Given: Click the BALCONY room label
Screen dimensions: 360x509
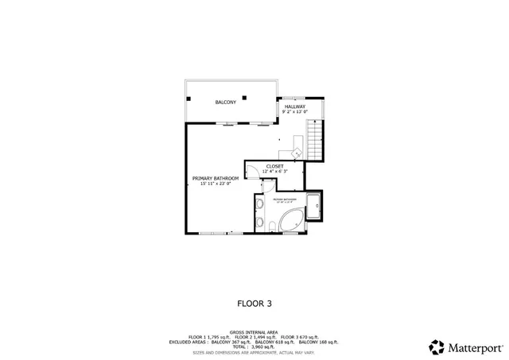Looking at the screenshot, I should [226, 103].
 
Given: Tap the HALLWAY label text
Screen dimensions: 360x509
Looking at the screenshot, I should [295, 106].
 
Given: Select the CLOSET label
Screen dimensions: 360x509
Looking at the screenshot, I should [274, 166].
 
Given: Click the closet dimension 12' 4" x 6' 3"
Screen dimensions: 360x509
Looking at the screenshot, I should [274, 171].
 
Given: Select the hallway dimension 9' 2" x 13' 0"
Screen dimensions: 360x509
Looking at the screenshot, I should [295, 112].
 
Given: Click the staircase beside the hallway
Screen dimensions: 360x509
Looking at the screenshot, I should [317, 138].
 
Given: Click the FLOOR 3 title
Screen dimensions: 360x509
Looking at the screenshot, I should [254, 303].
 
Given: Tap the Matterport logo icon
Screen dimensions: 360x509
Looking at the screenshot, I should [437, 346].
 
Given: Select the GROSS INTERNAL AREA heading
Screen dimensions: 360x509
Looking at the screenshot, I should [253, 332].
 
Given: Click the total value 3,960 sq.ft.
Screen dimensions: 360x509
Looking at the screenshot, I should [265, 347].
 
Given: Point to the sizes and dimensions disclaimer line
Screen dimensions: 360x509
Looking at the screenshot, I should [253, 352].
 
